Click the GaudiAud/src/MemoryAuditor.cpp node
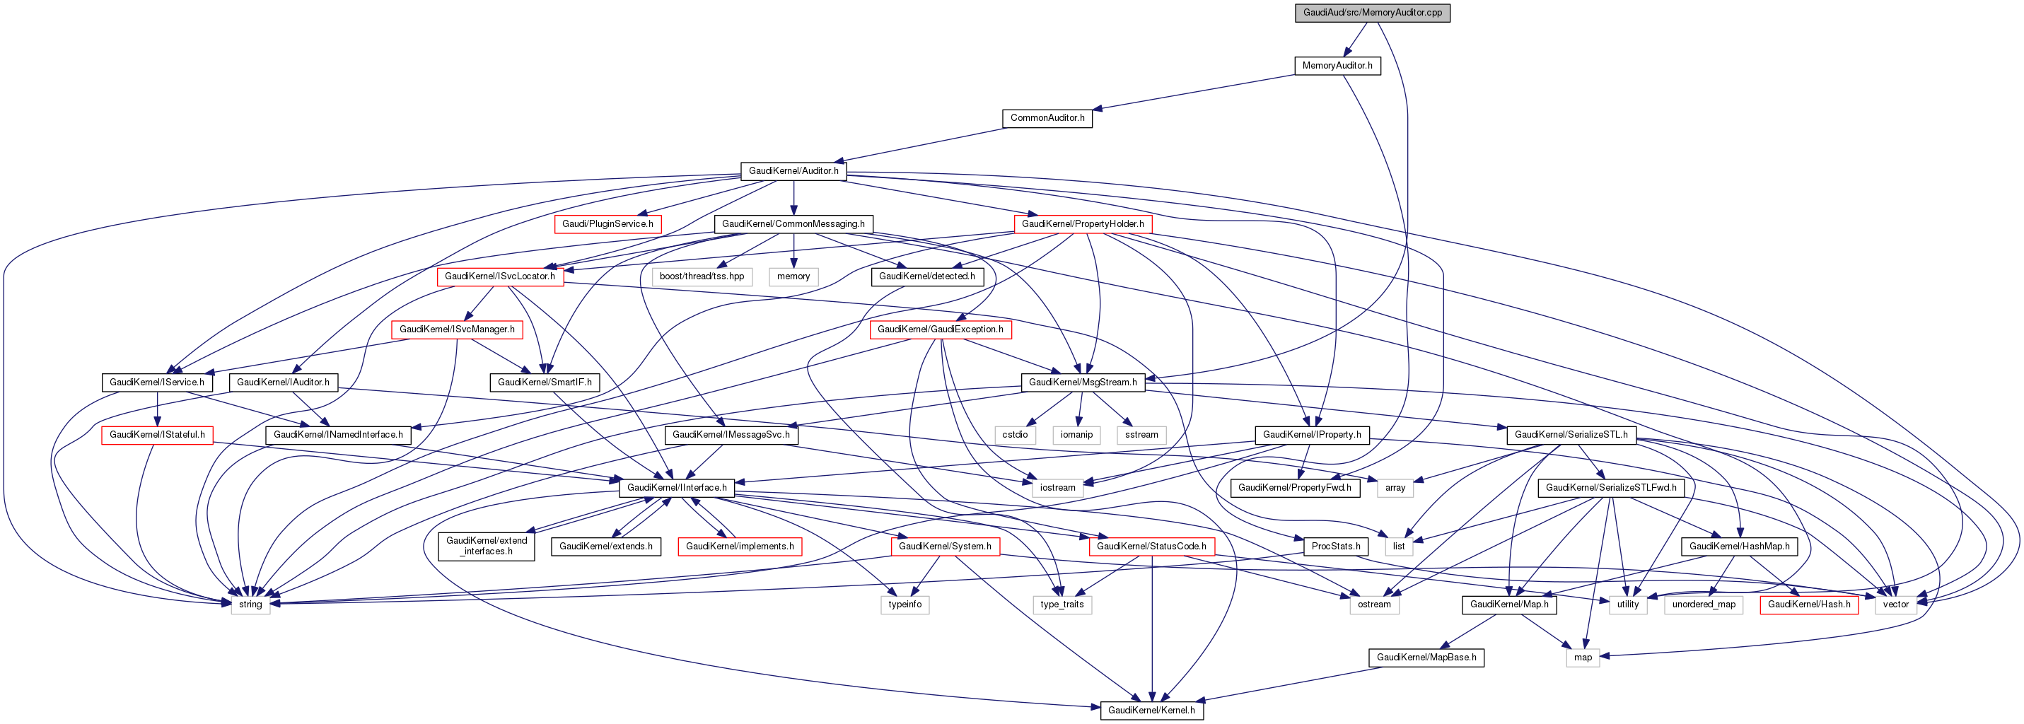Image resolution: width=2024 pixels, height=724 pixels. point(1372,13)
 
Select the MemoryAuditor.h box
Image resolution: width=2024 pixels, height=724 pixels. point(1337,65)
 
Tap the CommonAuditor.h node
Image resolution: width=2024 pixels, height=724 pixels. point(1047,118)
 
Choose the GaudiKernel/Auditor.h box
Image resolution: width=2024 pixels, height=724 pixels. point(793,170)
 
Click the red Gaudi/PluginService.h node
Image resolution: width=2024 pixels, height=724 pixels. point(607,224)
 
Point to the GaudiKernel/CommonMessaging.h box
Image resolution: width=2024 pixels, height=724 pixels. point(793,224)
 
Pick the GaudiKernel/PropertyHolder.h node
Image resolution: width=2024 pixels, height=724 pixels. point(1082,224)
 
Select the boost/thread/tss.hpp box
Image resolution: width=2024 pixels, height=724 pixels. point(702,276)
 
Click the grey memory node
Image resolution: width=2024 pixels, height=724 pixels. point(793,276)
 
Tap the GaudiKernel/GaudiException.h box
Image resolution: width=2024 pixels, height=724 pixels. point(940,329)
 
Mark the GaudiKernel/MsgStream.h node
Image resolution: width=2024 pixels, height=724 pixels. point(1082,383)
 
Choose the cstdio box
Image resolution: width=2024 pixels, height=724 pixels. point(1014,434)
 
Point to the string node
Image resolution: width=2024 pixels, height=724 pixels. point(250,604)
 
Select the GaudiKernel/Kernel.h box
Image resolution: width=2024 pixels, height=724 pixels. point(1151,710)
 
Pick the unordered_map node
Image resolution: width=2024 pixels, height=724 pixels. point(1703,604)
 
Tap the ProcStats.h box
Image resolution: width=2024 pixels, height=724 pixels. point(1335,546)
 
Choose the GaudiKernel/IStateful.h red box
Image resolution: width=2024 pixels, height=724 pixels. point(156,434)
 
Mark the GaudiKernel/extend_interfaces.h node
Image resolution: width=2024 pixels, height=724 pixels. point(487,546)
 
